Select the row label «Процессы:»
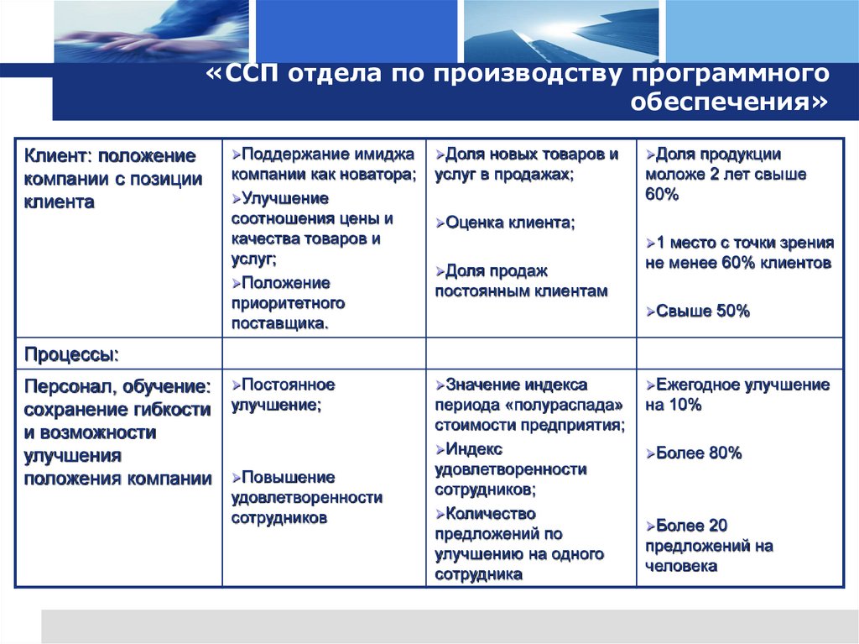[71, 354]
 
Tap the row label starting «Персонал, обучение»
[117, 432]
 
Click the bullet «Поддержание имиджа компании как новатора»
[323, 165]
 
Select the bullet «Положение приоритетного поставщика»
[289, 302]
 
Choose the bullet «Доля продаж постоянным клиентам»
[519, 281]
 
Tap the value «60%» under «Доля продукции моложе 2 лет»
[662, 195]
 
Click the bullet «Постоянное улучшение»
[284, 395]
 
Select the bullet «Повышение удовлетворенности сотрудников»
[307, 497]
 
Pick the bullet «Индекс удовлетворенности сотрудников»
[510, 469]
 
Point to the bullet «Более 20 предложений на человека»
[709, 546]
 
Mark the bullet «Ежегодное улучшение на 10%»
[737, 395]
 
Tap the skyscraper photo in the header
[560, 32]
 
